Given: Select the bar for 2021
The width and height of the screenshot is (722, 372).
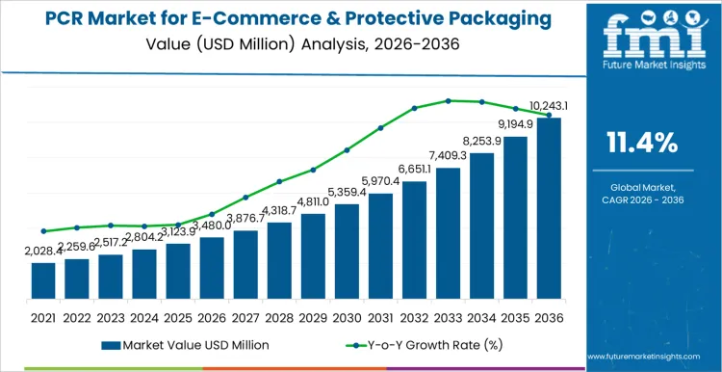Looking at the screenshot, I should [x=43, y=280].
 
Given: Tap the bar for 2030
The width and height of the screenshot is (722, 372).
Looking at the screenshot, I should [x=347, y=252].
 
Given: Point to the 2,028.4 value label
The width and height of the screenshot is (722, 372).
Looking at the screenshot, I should [x=43, y=251].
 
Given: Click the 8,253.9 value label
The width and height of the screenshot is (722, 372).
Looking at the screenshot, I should [x=481, y=141].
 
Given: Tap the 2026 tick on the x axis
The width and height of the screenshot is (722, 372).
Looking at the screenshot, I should [x=212, y=316].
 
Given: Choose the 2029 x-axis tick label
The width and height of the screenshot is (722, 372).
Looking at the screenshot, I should [x=313, y=316].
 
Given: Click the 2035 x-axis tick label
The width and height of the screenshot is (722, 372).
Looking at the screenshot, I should [x=516, y=316].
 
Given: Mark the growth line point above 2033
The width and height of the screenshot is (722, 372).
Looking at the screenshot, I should [x=449, y=100].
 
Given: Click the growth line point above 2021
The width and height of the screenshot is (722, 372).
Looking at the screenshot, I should [x=43, y=231].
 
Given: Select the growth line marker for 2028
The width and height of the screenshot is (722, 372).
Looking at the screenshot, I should [x=279, y=181].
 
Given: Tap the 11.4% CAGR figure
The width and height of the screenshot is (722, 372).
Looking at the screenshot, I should [x=642, y=144].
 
